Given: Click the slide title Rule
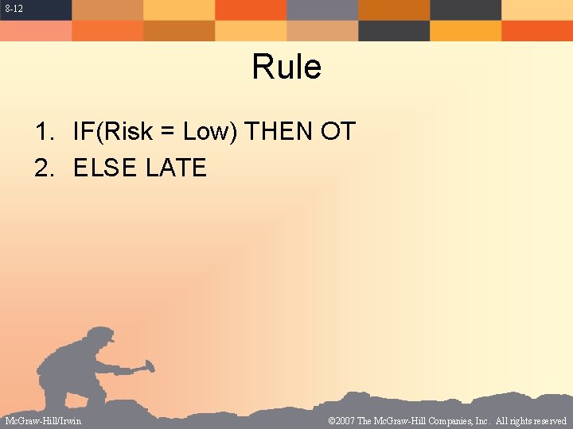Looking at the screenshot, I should [286, 67].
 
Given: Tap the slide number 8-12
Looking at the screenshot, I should [12, 8].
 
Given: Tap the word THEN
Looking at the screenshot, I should [280, 132].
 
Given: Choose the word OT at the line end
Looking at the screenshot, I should [337, 132].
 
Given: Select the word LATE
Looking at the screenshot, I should [176, 168].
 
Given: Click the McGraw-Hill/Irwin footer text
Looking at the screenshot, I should [43, 420].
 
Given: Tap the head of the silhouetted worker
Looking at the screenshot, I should [99, 339].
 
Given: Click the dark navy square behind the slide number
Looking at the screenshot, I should [36, 10].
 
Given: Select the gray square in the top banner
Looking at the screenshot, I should [322, 10].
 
